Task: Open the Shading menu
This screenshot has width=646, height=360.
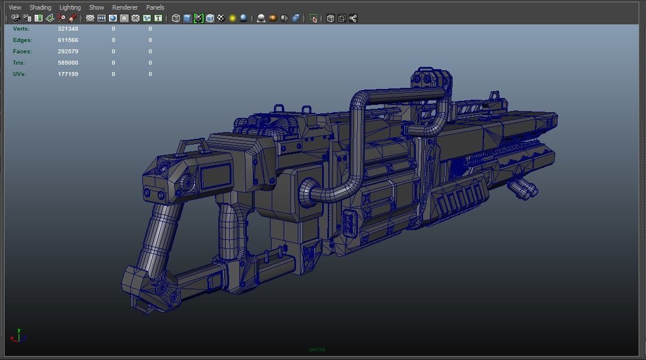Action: (x=40, y=7)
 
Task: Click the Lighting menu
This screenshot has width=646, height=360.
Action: (x=70, y=7)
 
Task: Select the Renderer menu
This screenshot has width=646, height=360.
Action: (x=125, y=7)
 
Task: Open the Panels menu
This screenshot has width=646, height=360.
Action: (x=155, y=7)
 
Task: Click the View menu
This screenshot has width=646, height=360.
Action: (x=15, y=7)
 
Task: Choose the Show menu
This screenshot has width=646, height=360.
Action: (x=96, y=7)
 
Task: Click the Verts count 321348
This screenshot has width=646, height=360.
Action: (x=68, y=28)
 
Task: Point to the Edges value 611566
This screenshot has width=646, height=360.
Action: (x=68, y=40)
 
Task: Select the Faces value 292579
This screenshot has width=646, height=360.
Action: (x=68, y=52)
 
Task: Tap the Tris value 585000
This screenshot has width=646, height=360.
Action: (x=68, y=63)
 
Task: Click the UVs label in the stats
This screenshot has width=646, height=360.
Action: (x=19, y=74)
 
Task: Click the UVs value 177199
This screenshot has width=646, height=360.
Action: (x=68, y=74)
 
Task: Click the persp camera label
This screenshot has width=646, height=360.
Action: (x=318, y=349)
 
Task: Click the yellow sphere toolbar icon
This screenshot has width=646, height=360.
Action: (x=233, y=18)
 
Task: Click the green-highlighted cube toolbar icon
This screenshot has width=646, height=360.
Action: (x=199, y=18)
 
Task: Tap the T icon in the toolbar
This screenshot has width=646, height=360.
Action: (x=158, y=18)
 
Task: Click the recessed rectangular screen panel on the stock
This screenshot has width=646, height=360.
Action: (x=216, y=176)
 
